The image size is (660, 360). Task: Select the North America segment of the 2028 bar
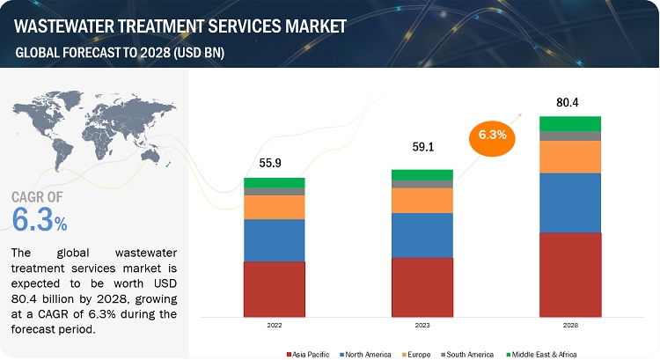(569, 202)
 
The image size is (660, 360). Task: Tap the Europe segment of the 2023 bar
(422, 201)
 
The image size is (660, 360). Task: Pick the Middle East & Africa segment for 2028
(569, 123)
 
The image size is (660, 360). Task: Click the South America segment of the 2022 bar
(274, 191)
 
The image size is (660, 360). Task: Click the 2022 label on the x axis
(274, 325)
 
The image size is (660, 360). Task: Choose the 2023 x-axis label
(422, 325)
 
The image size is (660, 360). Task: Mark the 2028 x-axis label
(569, 325)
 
